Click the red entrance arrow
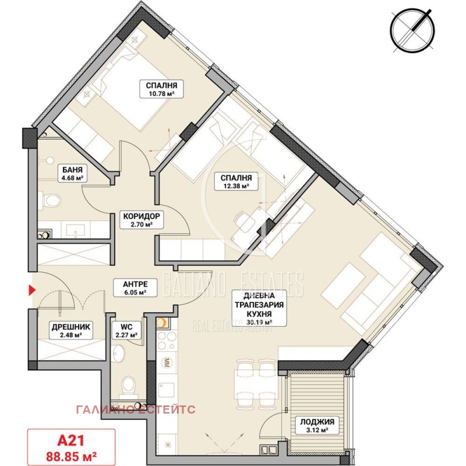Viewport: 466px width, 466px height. click(32, 290)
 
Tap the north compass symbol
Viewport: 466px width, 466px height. click(412, 29)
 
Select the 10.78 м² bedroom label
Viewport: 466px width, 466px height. click(161, 89)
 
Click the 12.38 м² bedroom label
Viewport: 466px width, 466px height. click(236, 182)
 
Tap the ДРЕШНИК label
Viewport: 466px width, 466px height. click(70, 330)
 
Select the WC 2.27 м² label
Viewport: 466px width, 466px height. click(126, 330)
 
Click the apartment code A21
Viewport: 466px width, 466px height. click(71, 440)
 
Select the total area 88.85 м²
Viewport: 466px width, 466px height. click(71, 456)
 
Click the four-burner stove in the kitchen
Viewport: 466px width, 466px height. click(167, 340)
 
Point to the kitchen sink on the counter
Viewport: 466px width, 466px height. click(166, 390)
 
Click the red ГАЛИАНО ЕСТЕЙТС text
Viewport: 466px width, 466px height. click(136, 409)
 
